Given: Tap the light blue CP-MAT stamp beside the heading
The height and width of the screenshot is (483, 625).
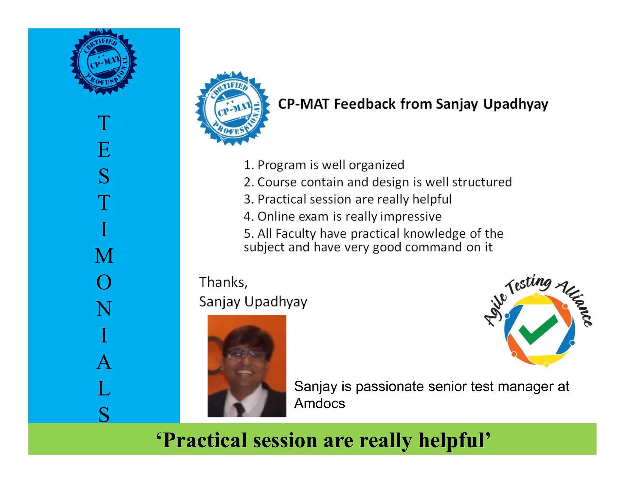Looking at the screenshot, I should [x=233, y=108].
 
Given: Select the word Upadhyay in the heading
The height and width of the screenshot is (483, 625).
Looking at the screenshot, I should [x=515, y=104].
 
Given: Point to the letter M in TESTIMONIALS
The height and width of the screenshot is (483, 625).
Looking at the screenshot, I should [x=104, y=256].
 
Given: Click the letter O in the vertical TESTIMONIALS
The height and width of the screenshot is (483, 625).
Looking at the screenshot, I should [x=104, y=282].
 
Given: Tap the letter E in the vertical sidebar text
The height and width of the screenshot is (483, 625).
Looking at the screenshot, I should [x=104, y=150].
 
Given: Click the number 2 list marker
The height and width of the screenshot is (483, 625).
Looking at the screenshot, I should [x=248, y=182].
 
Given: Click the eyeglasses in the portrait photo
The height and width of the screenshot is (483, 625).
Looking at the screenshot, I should [x=246, y=354].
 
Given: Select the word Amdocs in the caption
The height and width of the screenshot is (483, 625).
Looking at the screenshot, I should [x=320, y=404].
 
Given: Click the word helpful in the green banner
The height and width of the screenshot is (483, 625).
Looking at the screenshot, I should [x=454, y=440].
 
